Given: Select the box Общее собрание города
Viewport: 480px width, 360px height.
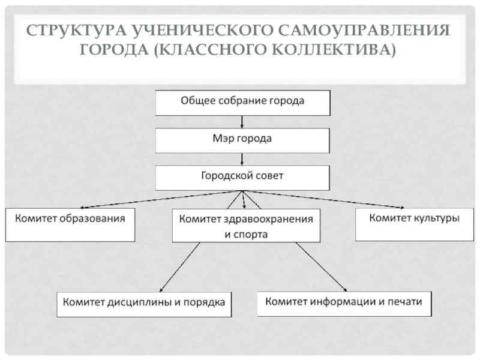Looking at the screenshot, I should tap(242, 102).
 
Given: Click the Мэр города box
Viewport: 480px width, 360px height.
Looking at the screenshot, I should tap(242, 140).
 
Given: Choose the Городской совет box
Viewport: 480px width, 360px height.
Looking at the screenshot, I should tap(242, 178).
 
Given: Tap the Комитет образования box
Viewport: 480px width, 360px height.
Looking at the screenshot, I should tap(70, 224).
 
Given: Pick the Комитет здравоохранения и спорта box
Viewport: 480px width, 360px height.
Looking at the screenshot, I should tap(246, 226).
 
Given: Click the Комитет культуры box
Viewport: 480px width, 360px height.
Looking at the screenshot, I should tap(414, 224).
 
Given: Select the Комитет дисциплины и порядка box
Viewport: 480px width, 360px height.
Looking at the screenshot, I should tap(144, 304).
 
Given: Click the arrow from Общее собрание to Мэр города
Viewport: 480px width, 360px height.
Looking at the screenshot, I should tap(242, 121).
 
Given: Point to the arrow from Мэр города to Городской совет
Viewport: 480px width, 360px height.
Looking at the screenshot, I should tap(242, 159).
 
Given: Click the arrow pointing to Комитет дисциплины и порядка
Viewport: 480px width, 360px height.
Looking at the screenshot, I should tap(180, 268).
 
